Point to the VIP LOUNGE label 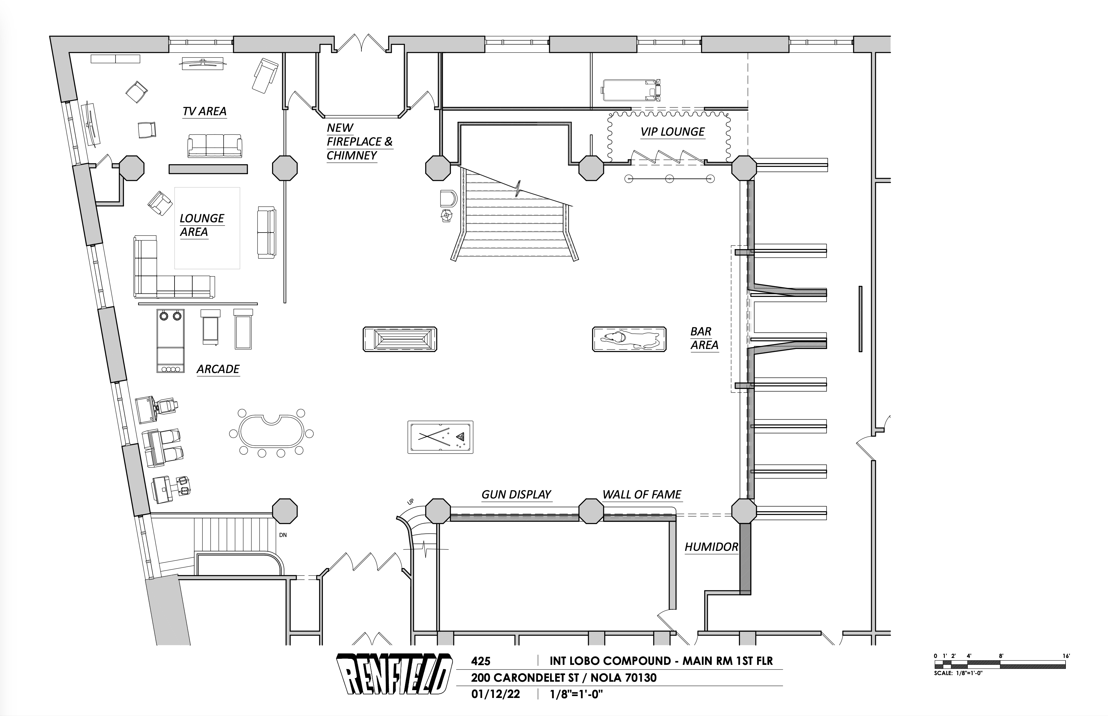pos(672,132)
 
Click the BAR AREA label pos(704,338)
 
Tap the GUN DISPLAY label pos(516,495)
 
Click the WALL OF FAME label pos(642,495)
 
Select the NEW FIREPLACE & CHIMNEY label pos(359,141)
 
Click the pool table pos(440,437)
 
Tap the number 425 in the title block pos(481,661)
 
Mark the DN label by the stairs pos(283,535)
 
